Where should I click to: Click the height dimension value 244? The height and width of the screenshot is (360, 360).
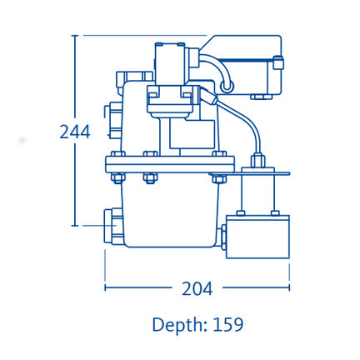coord(75,132)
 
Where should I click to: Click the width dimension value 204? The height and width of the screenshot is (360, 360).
coord(197,288)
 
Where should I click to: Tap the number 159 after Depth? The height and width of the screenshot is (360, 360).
coord(228,324)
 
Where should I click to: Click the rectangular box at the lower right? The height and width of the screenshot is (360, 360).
coord(257,237)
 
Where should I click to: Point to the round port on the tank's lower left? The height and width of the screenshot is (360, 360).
coord(113,227)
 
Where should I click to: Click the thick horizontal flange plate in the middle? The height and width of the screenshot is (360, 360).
coord(170,165)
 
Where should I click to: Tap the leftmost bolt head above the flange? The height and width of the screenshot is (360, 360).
coord(117,154)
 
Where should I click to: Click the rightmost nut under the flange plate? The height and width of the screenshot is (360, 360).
coord(219,178)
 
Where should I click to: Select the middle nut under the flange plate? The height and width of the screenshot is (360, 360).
coord(150,178)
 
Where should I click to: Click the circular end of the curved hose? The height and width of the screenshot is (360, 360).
coord(227,86)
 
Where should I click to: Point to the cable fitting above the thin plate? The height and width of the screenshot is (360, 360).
coord(258,161)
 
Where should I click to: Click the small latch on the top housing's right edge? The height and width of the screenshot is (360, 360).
coord(278,62)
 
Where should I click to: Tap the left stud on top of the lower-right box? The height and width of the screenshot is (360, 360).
coord(241,213)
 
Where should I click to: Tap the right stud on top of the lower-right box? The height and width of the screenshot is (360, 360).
coord(275,213)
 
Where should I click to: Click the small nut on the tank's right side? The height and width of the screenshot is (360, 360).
coord(223,237)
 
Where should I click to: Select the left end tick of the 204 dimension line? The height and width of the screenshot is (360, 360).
coord(105,287)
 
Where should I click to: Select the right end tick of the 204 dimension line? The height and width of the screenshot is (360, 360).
coord(289,287)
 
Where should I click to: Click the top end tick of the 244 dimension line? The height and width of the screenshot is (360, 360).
coord(75,36)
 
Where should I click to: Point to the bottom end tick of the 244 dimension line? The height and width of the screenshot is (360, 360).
coord(75,226)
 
